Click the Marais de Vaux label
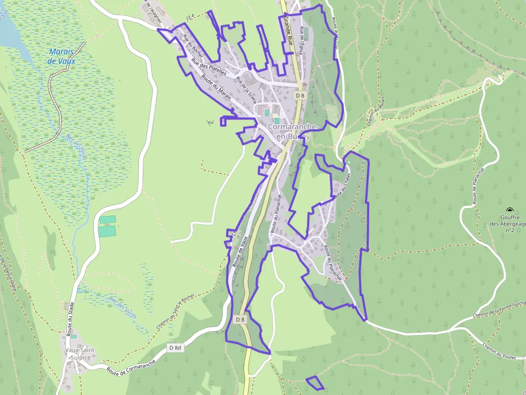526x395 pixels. click(62, 56)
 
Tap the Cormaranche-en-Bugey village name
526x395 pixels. click(293, 132)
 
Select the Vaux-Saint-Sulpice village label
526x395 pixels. click(80, 354)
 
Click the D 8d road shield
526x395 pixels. click(176, 347)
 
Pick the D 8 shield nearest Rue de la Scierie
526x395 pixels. click(300, 95)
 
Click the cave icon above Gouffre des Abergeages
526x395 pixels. click(509, 210)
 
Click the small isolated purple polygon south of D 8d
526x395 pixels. click(315, 383)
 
